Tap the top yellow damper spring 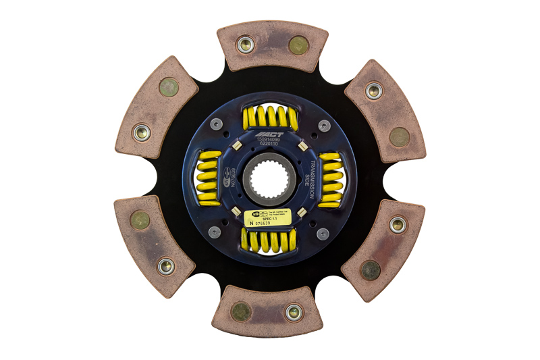pyautogui.click(x=270, y=118)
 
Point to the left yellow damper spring pyautogui.click(x=209, y=179)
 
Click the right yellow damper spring pyautogui.click(x=330, y=179)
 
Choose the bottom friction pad pyautogui.click(x=267, y=312)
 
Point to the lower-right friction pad pyautogui.click(x=383, y=249)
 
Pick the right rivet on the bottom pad pyautogui.click(x=293, y=312)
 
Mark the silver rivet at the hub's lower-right pyautogui.click(x=323, y=233)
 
